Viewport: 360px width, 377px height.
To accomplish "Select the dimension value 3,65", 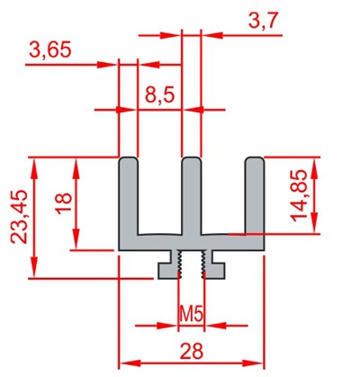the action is pos(50,49).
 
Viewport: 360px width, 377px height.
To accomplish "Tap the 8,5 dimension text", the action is pos(159,95).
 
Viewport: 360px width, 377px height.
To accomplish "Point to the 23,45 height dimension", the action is pos(19,217).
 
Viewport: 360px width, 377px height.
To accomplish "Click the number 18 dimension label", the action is pos(64,203).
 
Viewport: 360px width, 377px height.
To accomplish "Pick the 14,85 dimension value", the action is pos(299,195).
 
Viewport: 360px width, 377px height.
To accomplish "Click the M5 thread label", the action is pos(192,314).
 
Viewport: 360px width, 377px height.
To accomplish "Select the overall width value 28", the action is pos(192,351).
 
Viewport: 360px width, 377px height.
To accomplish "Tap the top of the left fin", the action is pos(129,158).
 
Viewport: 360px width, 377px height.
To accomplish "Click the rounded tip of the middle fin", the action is pos(192,158).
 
